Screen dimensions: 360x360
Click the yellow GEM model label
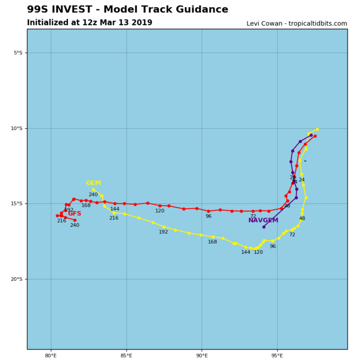click(93, 183)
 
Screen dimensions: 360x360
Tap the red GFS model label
click(75, 214)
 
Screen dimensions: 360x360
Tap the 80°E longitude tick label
click(50, 355)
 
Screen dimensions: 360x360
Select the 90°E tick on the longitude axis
click(202, 355)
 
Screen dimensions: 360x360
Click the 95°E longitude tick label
click(277, 355)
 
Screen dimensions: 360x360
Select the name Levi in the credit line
click(255, 24)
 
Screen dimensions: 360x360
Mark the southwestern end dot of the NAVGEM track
click(264, 227)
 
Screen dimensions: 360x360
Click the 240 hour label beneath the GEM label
click(93, 195)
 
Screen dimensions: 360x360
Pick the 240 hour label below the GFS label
click(75, 225)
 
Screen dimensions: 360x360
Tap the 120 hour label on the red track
click(160, 211)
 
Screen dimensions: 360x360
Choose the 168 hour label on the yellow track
click(212, 242)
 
